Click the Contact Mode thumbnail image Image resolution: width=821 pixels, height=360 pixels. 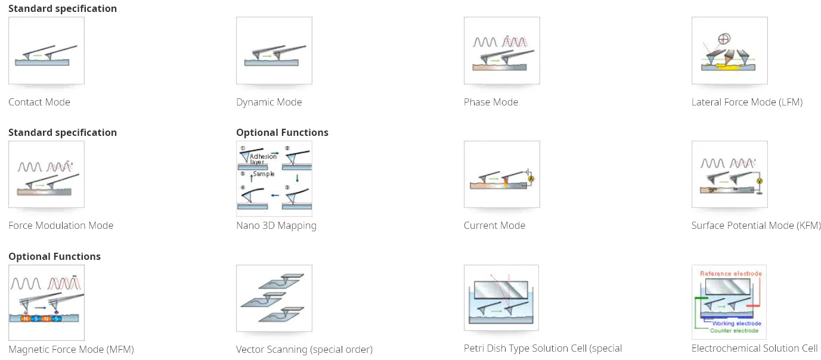pyautogui.click(x=46, y=51)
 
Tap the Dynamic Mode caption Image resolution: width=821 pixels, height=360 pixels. pyautogui.click(x=269, y=102)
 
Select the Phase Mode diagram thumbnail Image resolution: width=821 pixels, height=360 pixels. pyautogui.click(x=501, y=51)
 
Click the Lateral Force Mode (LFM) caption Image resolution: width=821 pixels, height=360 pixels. pyautogui.click(x=747, y=102)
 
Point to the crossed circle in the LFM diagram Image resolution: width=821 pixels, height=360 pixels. pyautogui.click(x=724, y=39)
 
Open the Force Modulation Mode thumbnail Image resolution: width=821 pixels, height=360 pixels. pyautogui.click(x=46, y=174)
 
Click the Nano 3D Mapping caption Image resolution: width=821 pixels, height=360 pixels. pyautogui.click(x=276, y=225)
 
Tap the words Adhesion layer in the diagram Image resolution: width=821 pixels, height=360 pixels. pyautogui.click(x=263, y=159)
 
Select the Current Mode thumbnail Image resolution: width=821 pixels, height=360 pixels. pyautogui.click(x=501, y=174)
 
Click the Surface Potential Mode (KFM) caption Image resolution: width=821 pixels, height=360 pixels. pyautogui.click(x=756, y=225)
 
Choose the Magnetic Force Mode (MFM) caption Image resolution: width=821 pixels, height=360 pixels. pyautogui.click(x=71, y=349)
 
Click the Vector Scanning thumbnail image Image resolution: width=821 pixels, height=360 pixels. pyautogui.click(x=274, y=298)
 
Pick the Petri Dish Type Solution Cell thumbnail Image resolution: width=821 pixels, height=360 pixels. pyautogui.click(x=501, y=298)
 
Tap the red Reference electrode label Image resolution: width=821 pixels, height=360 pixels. pyautogui.click(x=731, y=274)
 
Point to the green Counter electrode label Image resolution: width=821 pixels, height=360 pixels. pyautogui.click(x=734, y=330)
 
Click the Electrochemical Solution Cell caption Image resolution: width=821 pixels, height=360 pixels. pyautogui.click(x=754, y=348)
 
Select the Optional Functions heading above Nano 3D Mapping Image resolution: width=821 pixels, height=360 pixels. pyautogui.click(x=282, y=132)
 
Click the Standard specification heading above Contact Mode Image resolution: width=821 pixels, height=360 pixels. pyautogui.click(x=63, y=8)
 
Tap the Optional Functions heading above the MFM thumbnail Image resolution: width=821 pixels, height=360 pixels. pyautogui.click(x=54, y=256)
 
